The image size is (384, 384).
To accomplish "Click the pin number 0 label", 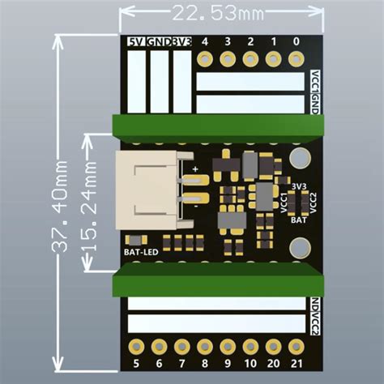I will click(x=296, y=41).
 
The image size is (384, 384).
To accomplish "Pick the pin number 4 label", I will click(x=205, y=41).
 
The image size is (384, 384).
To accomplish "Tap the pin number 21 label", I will click(x=296, y=365).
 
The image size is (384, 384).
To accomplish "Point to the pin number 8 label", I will click(x=205, y=365).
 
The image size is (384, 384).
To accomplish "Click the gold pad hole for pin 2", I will click(x=250, y=59).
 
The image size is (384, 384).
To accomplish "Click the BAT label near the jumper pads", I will click(x=298, y=219).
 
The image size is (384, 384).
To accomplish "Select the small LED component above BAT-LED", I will click(x=135, y=239).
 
